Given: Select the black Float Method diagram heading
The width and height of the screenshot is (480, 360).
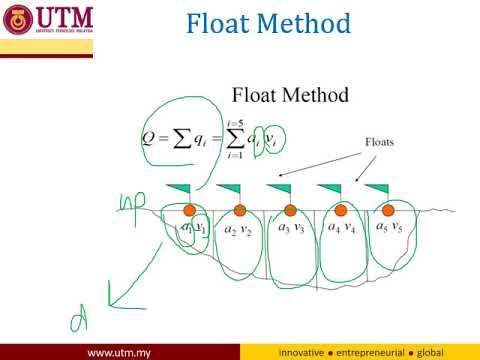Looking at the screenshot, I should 289,96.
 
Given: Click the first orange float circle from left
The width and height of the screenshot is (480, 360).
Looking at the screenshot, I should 189,210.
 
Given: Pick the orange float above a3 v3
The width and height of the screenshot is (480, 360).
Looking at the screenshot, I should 290,210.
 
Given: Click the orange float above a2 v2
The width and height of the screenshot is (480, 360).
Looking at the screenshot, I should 239,210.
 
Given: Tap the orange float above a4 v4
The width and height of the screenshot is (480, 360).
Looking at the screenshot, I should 340,210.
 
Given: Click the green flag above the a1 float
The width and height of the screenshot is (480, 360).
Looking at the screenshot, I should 179,188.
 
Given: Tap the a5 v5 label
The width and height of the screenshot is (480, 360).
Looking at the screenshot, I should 389,227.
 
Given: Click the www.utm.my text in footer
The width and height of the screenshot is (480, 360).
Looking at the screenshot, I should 119,352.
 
